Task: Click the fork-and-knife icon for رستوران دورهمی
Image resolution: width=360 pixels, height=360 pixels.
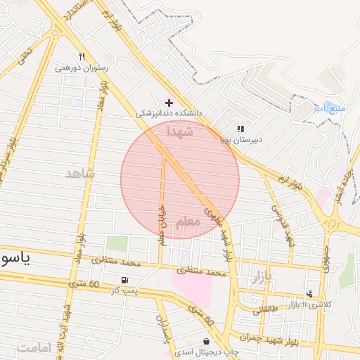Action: click(x=82, y=57)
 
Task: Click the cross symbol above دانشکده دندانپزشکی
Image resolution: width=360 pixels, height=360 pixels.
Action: click(x=168, y=103)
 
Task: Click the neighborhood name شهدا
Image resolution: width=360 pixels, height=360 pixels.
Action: click(x=179, y=131)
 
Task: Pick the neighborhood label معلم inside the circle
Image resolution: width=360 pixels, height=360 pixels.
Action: click(x=187, y=221)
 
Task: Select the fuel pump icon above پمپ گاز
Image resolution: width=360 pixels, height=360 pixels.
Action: click(x=125, y=279)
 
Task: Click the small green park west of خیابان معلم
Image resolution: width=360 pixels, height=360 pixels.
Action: click(x=117, y=245)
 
